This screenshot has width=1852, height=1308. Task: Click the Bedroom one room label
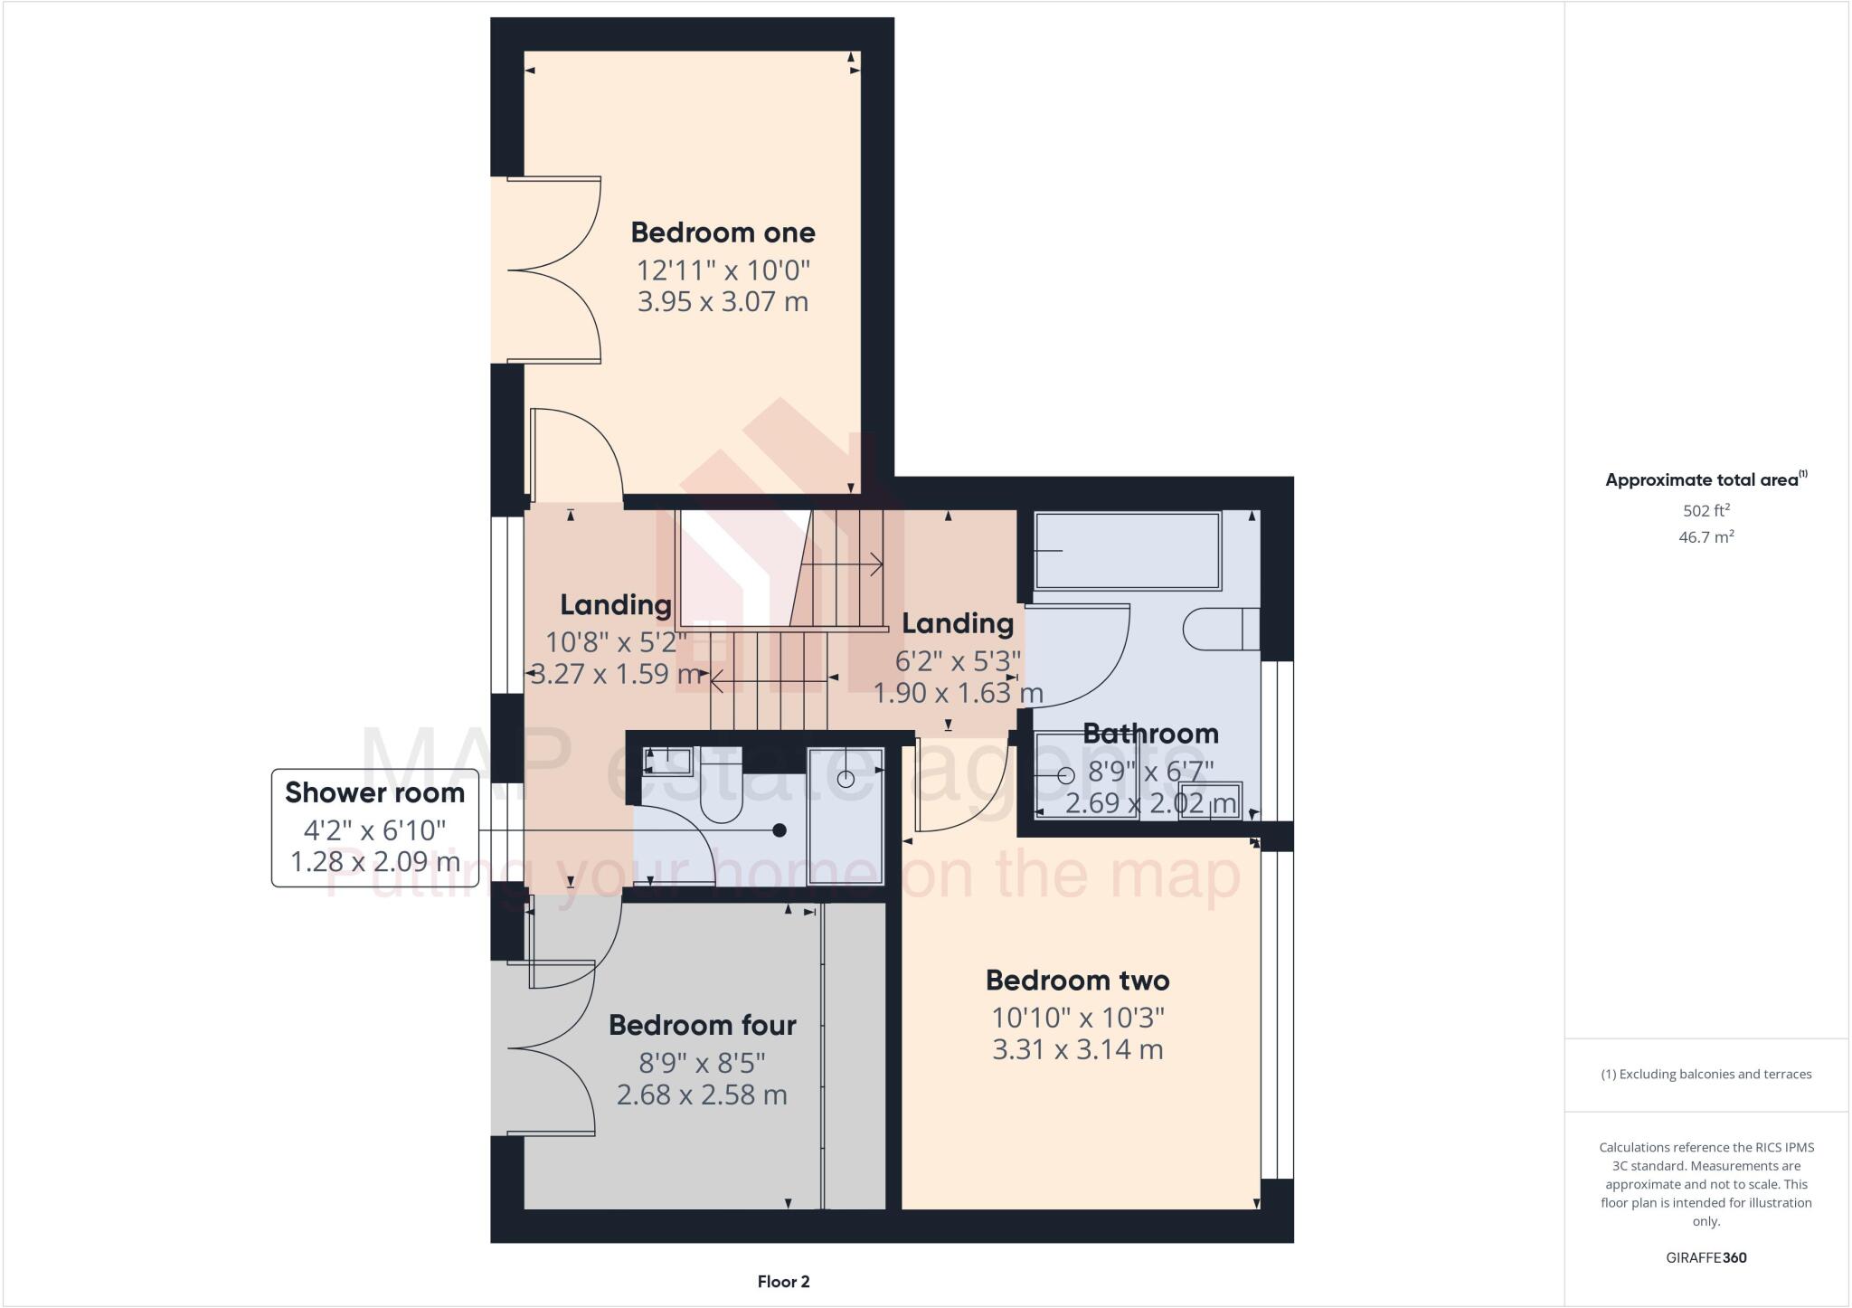[723, 232]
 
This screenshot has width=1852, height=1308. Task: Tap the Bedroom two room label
[1077, 981]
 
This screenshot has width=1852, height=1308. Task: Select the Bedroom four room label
[702, 1025]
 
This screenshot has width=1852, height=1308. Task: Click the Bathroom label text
[1150, 734]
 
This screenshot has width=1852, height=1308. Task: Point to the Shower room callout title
[374, 792]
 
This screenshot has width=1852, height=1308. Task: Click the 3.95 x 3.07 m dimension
[723, 301]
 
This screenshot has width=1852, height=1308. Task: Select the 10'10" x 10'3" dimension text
[1077, 1018]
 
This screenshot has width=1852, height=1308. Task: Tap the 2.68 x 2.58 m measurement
[702, 1095]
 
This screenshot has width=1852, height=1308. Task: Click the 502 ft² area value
[1706, 510]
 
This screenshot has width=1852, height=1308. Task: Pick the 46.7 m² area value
[1706, 537]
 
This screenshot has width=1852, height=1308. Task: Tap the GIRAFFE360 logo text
[1706, 1257]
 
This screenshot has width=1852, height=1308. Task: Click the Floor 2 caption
[783, 1282]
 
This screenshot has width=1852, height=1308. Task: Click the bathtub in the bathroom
[1128, 551]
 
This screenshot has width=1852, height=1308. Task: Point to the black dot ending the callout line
[780, 830]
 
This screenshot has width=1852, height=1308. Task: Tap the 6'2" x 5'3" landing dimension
[958, 661]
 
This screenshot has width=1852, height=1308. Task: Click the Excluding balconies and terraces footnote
[1706, 1075]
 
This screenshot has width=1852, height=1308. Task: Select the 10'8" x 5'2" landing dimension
[616, 642]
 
